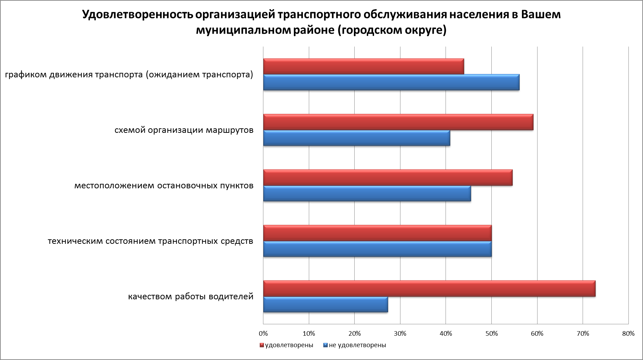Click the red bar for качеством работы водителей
(429, 289)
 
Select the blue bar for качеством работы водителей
(325, 305)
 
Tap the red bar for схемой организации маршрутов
(398, 122)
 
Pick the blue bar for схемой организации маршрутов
(356, 138)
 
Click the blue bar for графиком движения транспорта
(391, 82)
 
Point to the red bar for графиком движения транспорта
(363, 67)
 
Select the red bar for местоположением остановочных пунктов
(388, 178)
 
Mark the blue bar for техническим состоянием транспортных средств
(377, 249)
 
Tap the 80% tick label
(628, 334)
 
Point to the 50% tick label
(491, 334)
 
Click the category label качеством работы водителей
(191, 297)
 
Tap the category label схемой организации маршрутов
(184, 130)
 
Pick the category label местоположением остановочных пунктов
(164, 186)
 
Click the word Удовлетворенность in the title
(137, 15)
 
